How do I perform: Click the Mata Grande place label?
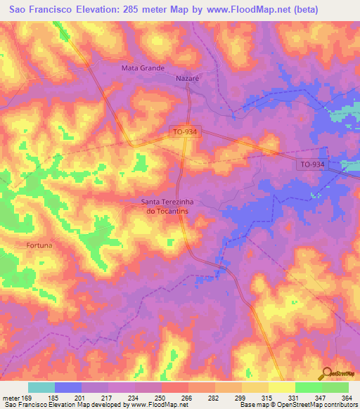pyautogui.click(x=143, y=68)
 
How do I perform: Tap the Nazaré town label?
pyautogui.click(x=187, y=79)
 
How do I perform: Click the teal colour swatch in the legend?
pyautogui.click(x=41, y=387)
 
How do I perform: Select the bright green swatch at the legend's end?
pyautogui.click(x=335, y=387)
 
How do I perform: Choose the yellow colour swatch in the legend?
pyautogui.click(x=282, y=387)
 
